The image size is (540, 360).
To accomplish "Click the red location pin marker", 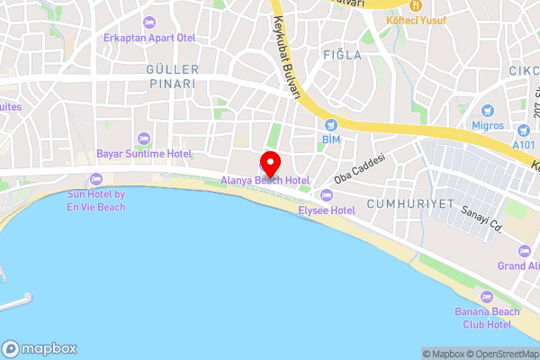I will point(270,164).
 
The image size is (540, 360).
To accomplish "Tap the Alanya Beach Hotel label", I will point(266,181).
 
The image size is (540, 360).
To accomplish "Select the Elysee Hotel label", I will point(328,210).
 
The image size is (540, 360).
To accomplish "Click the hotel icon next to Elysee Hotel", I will point(326,194).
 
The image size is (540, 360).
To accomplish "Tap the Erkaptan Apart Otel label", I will point(148,38).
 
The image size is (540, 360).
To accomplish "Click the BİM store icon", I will point(330,124).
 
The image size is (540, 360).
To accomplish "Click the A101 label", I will point(523,144).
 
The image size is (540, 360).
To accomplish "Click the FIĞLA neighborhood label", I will point(341,55).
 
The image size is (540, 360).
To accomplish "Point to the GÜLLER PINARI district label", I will point(171,76).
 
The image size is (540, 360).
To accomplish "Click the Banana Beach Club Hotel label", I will point(487,318).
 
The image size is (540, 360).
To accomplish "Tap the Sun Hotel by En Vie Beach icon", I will point(96,179).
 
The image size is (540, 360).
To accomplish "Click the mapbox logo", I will point(40,349).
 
